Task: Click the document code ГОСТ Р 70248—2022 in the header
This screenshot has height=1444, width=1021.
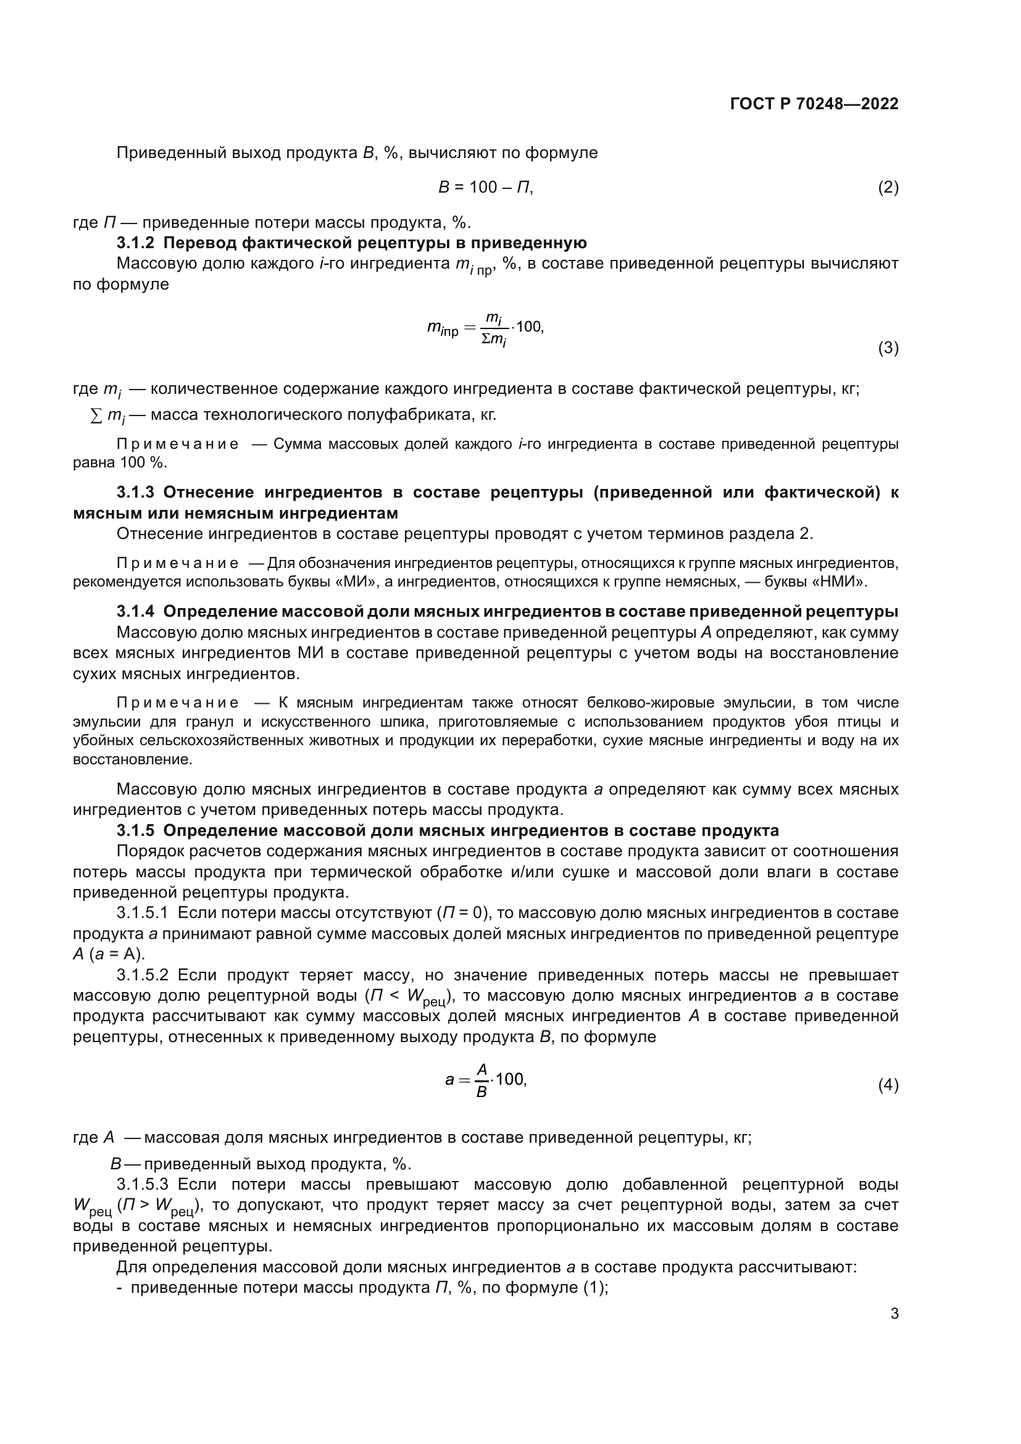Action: [814, 104]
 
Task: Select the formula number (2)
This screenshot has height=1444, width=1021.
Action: [888, 188]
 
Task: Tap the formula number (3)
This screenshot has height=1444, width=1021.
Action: [888, 348]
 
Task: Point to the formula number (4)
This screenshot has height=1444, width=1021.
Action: [888, 1085]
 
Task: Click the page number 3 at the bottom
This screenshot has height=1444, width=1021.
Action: [894, 1313]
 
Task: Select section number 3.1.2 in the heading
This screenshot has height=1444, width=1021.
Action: [135, 243]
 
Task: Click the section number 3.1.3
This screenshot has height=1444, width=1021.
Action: [135, 492]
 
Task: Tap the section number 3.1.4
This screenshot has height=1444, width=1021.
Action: [135, 611]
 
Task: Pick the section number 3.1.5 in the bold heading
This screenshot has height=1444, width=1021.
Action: [135, 830]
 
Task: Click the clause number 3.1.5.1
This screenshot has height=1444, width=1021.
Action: [142, 912]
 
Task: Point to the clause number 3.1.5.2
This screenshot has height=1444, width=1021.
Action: [142, 975]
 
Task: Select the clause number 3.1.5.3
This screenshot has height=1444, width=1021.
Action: [142, 1184]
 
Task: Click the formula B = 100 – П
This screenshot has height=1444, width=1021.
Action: [485, 188]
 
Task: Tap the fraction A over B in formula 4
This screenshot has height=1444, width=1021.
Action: [481, 1080]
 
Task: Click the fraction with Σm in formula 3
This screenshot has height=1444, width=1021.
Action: [495, 330]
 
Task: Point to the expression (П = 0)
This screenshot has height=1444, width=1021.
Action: [464, 912]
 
